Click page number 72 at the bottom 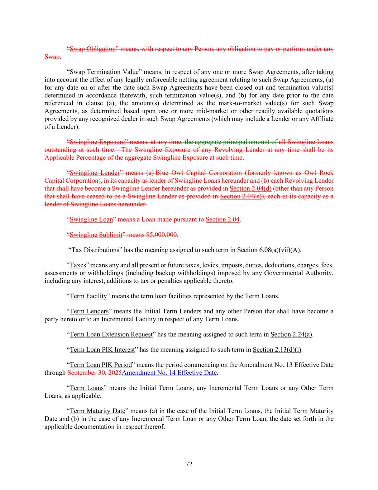189,464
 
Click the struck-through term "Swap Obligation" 92,49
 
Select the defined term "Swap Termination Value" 104,72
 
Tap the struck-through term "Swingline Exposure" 97,142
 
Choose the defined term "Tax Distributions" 95,250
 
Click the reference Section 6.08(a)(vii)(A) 269,250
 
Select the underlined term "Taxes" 78,265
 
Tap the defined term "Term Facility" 88,296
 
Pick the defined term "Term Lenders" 89,311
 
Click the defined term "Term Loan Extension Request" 111,335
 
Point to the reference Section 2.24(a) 291,335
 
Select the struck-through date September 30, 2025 94,373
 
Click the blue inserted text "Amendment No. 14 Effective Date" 169,373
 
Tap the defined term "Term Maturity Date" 97,411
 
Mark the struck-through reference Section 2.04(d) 250,188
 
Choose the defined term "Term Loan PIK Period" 101,365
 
